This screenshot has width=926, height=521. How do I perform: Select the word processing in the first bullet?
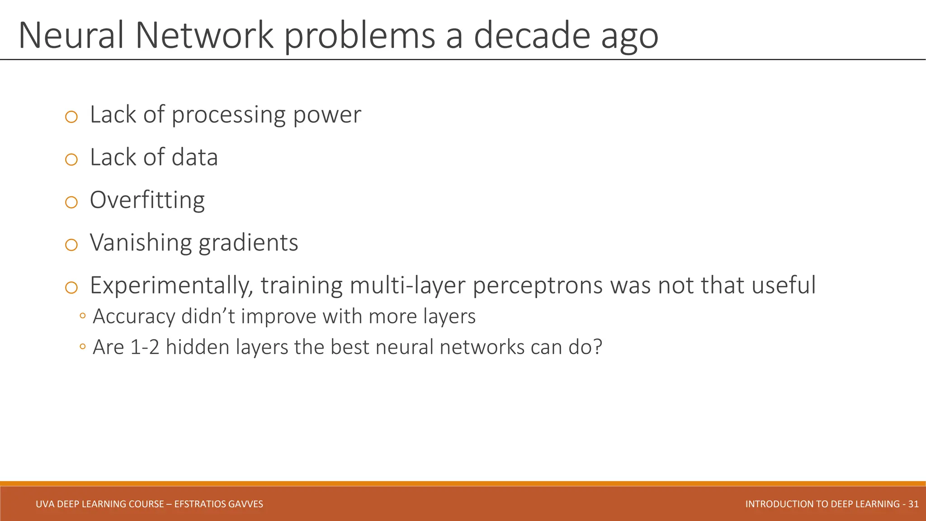coord(228,115)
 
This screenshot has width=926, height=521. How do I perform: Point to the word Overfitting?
coord(147,200)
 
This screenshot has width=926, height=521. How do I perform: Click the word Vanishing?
coord(140,243)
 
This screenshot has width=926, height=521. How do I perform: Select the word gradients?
coord(248,243)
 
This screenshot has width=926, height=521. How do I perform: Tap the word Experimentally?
coord(171,286)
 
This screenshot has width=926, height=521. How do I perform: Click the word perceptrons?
coord(538,286)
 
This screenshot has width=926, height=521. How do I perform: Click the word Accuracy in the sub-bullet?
coord(133,317)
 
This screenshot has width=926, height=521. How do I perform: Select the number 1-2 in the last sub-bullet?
coord(145,347)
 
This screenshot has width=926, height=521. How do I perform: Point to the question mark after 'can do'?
coord(597,347)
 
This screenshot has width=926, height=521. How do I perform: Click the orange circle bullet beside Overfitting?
coord(71,202)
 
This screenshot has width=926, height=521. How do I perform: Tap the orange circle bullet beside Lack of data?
coord(71,160)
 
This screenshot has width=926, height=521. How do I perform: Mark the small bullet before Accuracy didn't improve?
coord(82,316)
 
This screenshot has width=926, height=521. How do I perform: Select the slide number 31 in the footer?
coord(913,504)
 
